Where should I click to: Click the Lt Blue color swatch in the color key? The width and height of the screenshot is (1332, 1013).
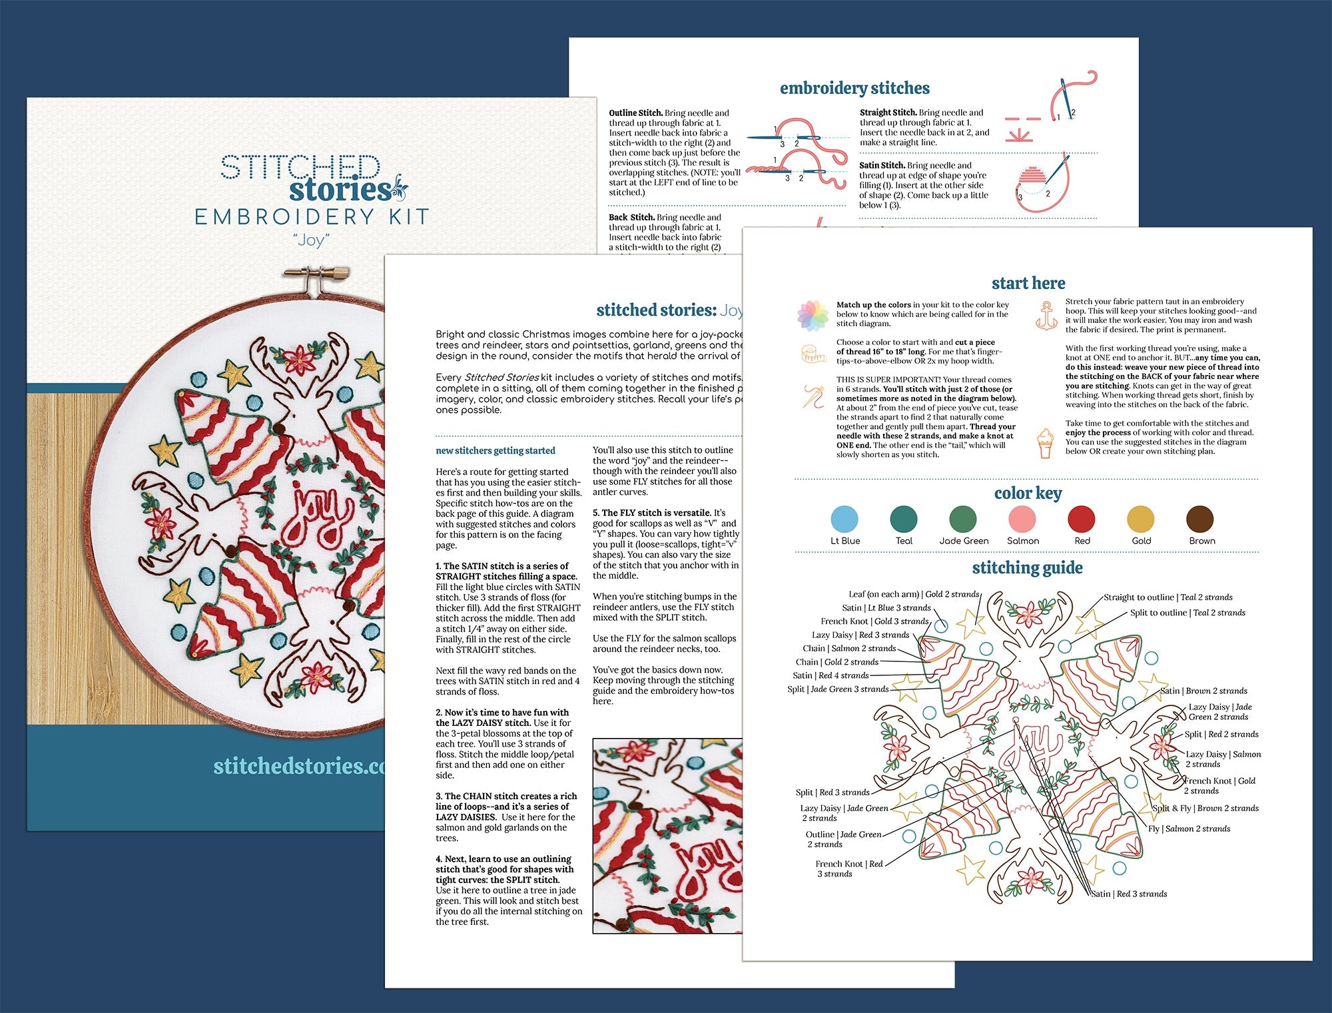(x=844, y=519)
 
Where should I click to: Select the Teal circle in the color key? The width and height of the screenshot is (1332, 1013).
(x=904, y=519)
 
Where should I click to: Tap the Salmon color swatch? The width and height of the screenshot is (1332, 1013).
(x=1022, y=519)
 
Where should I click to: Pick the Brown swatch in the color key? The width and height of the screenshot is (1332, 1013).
(x=1200, y=519)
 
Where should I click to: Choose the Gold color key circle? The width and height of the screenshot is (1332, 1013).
(x=1141, y=519)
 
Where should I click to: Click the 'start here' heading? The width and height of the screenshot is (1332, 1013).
(x=1028, y=283)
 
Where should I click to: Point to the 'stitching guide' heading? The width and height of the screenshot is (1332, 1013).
(x=1027, y=567)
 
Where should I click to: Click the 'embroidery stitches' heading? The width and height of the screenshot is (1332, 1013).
(x=854, y=88)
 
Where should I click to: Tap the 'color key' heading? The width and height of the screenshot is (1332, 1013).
(x=1028, y=493)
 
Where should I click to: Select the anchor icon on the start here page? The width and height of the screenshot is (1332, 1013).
(x=1046, y=315)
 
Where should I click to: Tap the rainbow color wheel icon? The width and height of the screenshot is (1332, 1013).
(x=813, y=315)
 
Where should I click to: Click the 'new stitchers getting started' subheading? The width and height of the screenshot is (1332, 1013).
(x=495, y=451)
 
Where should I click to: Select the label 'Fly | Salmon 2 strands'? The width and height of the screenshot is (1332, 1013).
(x=1189, y=829)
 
